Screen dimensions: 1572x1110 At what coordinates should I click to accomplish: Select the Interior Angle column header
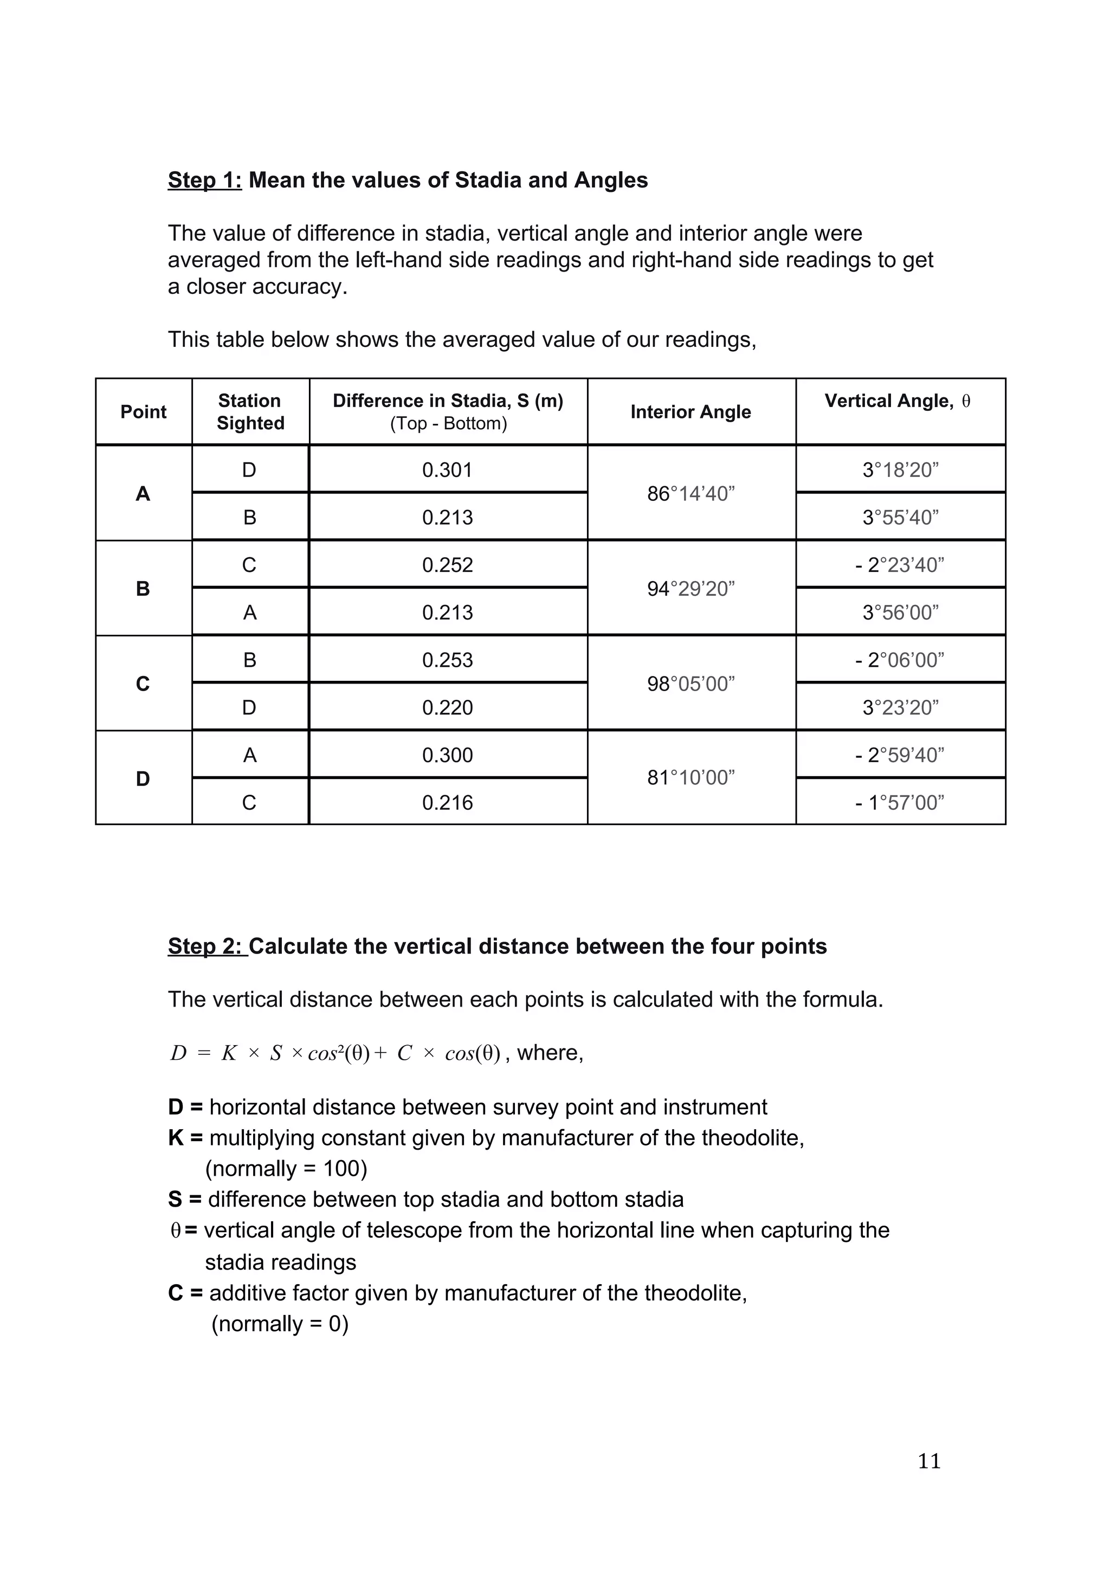pos(690,411)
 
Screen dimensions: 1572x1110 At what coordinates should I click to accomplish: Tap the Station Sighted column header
pos(250,411)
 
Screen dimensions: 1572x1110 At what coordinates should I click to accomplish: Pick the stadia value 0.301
pos(447,471)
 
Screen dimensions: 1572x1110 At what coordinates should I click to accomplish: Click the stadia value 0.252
pos(447,565)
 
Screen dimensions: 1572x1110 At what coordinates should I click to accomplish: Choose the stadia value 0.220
pos(447,707)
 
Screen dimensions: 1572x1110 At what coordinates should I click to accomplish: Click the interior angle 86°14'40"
pos(690,494)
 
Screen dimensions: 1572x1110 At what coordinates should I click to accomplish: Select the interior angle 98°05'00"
pos(690,684)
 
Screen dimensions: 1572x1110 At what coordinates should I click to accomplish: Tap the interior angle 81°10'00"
pos(690,778)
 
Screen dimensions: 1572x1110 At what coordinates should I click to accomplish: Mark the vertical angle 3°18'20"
pos(900,471)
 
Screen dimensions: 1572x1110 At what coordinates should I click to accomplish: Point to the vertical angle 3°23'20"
pos(900,707)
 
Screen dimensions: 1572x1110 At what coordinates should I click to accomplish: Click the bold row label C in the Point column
pos(143,684)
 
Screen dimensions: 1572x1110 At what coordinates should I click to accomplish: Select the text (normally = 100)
pos(286,1168)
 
